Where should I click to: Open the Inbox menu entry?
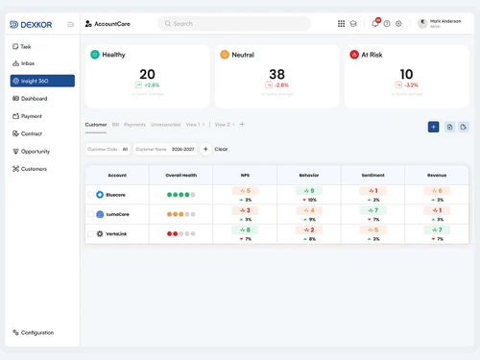[28, 63]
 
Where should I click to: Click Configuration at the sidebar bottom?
[36, 332]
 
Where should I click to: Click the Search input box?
[234, 23]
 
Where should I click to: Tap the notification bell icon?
[375, 23]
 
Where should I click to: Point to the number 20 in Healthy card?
[147, 74]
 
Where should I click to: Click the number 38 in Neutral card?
[276, 74]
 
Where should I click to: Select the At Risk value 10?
[406, 74]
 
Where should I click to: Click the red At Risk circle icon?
[354, 55]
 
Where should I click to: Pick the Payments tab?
[134, 124]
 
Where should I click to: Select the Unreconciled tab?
[165, 124]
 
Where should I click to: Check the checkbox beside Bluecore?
[91, 194]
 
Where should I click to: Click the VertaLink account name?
[117, 233]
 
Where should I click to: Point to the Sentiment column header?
[372, 176]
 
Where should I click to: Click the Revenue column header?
[437, 176]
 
